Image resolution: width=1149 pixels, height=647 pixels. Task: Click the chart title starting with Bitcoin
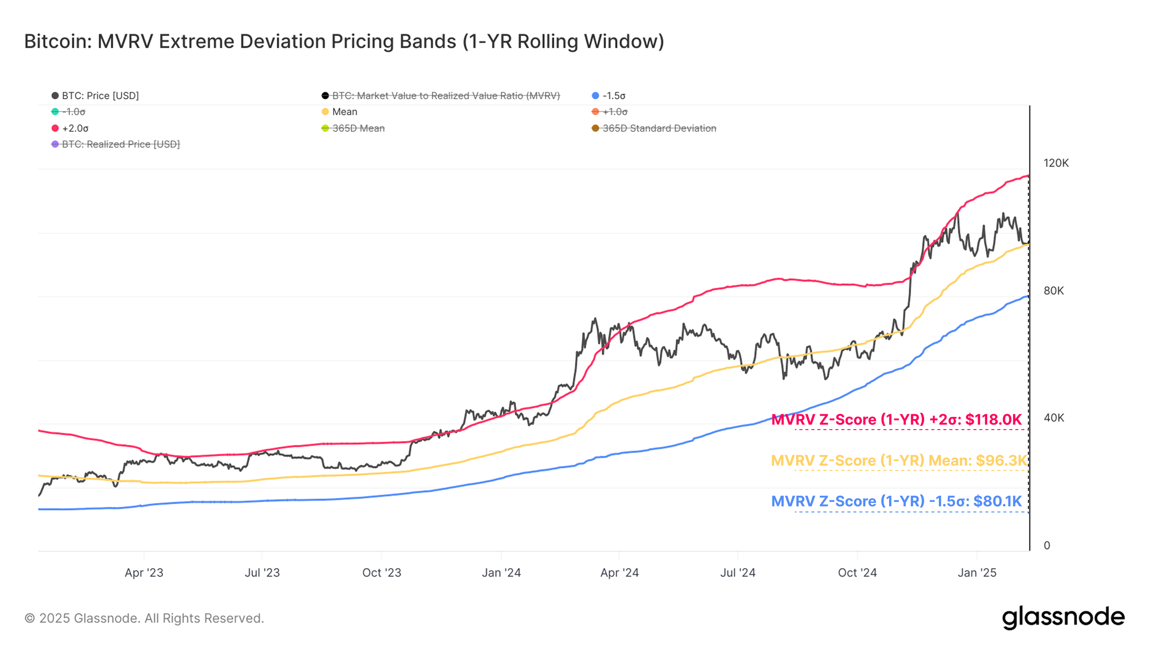344,42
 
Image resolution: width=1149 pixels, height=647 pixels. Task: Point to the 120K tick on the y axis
1056,163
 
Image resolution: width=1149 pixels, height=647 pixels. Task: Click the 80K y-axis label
1053,291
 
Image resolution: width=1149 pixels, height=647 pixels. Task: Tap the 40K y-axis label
1053,418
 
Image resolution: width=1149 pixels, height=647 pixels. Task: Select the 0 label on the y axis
1047,545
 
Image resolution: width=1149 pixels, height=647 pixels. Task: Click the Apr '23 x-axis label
144,573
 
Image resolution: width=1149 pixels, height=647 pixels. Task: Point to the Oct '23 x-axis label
382,573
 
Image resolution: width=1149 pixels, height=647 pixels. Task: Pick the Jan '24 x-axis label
501,573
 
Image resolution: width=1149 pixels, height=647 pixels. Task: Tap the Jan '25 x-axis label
977,573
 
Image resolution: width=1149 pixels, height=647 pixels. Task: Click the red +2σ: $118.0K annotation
896,420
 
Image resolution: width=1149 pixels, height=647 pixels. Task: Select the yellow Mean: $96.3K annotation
899,461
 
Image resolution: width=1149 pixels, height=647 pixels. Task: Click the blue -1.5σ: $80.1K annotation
896,501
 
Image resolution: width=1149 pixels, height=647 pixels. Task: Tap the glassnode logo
1063,617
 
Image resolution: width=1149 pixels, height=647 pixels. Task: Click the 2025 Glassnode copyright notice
144,618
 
